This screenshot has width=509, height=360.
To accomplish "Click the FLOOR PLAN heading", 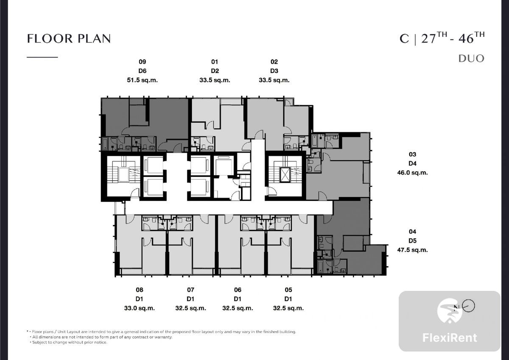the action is click(69, 39).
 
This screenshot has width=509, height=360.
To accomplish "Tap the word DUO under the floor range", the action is click(471, 59).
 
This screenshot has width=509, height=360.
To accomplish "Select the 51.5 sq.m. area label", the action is click(142, 80).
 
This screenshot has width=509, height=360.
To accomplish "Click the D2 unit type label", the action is click(215, 71).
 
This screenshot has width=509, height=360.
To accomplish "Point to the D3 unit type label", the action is click(274, 71).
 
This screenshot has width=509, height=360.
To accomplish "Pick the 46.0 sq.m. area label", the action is click(412, 173).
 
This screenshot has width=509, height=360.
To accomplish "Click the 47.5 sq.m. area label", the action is click(412, 250).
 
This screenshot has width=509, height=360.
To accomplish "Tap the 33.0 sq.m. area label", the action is click(139, 308).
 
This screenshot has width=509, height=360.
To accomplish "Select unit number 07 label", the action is click(190, 290).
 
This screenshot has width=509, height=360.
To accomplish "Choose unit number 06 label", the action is click(238, 290).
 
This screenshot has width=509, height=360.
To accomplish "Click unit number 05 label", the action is click(288, 290).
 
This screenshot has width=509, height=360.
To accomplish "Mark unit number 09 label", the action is click(142, 62).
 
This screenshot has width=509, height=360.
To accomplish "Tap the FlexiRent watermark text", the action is click(450, 338).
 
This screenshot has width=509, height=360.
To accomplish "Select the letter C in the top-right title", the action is click(404, 39).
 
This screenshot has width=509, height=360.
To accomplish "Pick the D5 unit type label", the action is click(412, 241).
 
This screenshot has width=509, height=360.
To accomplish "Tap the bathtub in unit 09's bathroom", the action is click(105, 144).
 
